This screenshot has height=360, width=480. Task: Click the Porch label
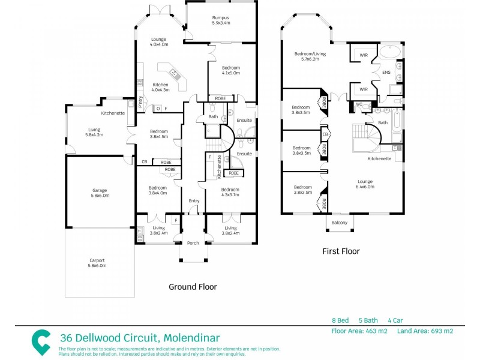(x=193, y=243)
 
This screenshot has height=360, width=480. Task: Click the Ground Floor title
(x=193, y=287)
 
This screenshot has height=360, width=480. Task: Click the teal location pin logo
(x=41, y=342)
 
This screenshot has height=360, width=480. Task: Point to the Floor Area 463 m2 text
(x=360, y=331)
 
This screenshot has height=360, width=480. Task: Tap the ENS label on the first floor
(x=386, y=73)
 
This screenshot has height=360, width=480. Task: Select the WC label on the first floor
(x=358, y=104)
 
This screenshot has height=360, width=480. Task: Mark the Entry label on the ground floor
(x=194, y=200)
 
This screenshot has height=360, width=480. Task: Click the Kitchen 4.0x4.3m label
(x=160, y=87)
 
